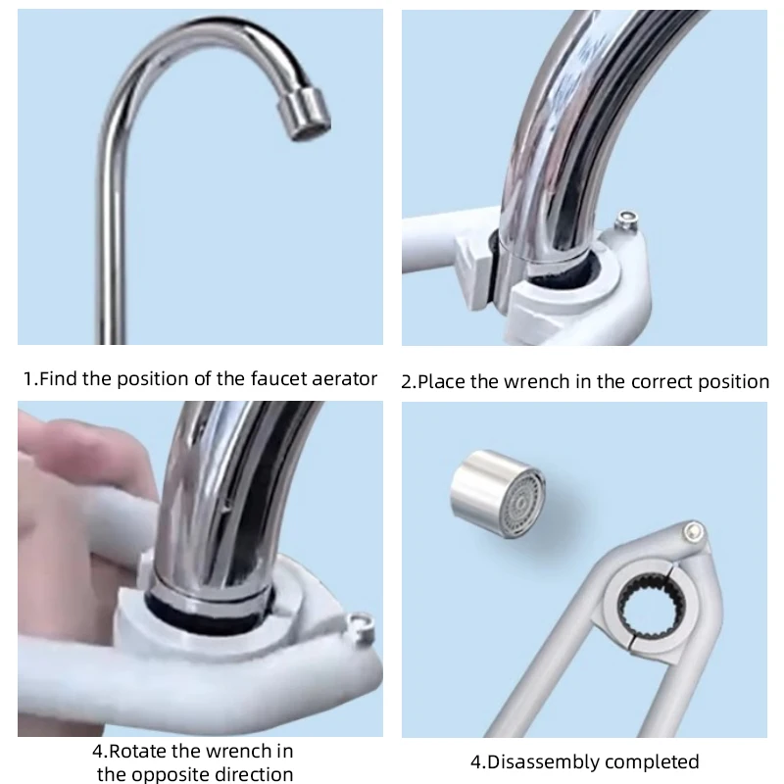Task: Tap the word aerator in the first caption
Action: pyautogui.click(x=343, y=378)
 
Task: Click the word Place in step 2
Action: pyautogui.click(x=443, y=381)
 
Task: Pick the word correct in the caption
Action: pyautogui.click(x=653, y=381)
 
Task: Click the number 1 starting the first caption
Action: pyautogui.click(x=27, y=378)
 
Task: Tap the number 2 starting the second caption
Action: pyautogui.click(x=407, y=381)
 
